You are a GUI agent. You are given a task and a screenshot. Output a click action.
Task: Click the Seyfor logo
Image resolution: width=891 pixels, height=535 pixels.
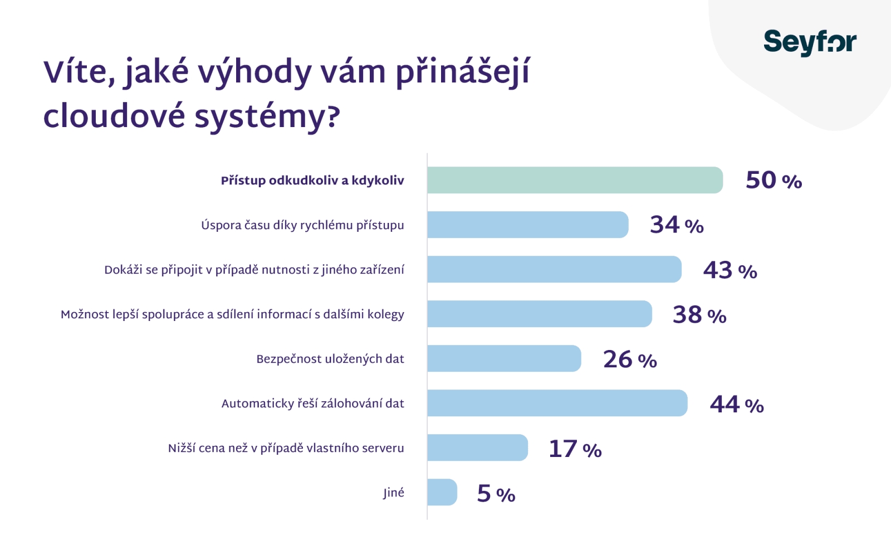click(810, 42)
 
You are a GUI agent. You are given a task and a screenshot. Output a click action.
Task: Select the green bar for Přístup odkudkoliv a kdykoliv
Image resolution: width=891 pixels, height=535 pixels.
click(575, 180)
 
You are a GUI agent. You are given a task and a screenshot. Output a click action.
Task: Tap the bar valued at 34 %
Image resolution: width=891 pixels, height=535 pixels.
click(527, 225)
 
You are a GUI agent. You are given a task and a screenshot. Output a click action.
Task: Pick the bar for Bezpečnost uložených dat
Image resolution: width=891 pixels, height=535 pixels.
click(504, 358)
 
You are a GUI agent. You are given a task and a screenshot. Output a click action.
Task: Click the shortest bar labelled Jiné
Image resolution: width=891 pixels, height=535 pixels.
click(442, 492)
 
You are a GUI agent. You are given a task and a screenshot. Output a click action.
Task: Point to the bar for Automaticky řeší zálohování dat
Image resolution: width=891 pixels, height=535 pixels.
click(557, 403)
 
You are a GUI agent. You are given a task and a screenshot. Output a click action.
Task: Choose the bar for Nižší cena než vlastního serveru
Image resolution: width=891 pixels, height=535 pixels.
click(477, 448)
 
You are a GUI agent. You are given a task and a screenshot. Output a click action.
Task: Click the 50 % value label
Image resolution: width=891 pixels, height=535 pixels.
click(773, 181)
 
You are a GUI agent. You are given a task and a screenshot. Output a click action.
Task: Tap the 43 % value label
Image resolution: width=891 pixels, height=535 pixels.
click(730, 270)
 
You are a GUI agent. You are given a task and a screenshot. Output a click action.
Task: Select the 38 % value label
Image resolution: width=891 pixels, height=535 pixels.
click(699, 315)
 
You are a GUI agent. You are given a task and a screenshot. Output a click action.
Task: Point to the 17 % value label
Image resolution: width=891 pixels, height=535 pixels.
click(575, 449)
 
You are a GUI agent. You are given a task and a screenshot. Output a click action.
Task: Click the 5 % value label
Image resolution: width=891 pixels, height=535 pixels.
click(496, 494)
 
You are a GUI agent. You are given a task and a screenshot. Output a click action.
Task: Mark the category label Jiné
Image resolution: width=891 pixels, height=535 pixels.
click(394, 493)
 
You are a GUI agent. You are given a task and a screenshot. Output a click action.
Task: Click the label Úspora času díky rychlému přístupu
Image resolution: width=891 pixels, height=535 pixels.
click(302, 225)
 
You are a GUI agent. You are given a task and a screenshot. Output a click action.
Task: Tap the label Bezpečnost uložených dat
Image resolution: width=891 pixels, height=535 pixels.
click(330, 359)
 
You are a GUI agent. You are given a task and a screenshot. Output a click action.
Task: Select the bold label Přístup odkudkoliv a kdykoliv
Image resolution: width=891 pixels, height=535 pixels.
click(312, 181)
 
